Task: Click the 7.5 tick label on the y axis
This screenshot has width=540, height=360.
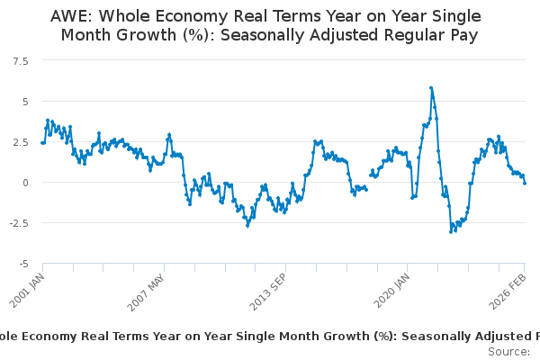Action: point(19,60)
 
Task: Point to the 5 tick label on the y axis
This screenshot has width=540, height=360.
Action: point(24,101)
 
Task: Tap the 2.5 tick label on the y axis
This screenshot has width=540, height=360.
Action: point(19,141)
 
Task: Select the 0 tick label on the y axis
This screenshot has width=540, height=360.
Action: point(24,183)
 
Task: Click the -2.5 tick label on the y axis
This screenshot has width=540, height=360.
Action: point(17,223)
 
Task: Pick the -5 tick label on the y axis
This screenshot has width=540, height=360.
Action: point(22,264)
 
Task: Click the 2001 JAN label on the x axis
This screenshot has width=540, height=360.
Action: point(29,287)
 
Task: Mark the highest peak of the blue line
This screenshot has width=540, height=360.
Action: point(431,88)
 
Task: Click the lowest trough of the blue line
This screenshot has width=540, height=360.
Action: point(451,232)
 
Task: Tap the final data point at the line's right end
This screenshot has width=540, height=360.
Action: point(526,183)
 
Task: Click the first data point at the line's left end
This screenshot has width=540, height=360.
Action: point(42,142)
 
